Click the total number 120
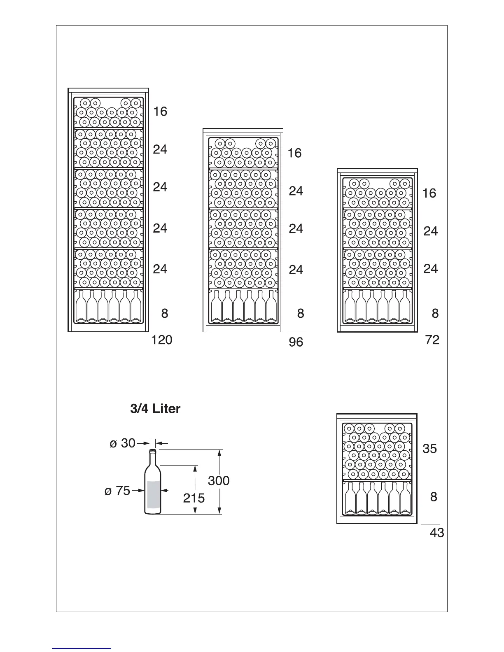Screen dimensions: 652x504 (162, 340)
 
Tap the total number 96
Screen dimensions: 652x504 (296, 342)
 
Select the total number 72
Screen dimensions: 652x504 (432, 340)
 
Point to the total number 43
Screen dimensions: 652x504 (437, 533)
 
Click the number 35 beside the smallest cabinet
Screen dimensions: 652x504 (429, 448)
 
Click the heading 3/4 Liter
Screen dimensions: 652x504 (155, 409)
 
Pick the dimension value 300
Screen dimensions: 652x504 (219, 480)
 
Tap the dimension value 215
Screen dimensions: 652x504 (194, 498)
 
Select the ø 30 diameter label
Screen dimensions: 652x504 (123, 443)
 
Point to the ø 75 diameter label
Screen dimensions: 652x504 (117, 491)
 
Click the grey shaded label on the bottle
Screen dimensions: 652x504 (153, 496)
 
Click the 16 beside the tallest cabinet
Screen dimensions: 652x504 (160, 111)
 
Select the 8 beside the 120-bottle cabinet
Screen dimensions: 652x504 (165, 313)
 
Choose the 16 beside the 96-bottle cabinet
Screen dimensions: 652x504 (295, 153)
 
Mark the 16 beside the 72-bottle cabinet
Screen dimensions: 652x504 (429, 193)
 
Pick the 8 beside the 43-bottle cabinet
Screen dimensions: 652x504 (434, 497)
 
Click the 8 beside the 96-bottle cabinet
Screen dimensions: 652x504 (301, 313)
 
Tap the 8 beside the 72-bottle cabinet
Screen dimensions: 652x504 (435, 313)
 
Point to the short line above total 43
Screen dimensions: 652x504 (430, 524)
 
